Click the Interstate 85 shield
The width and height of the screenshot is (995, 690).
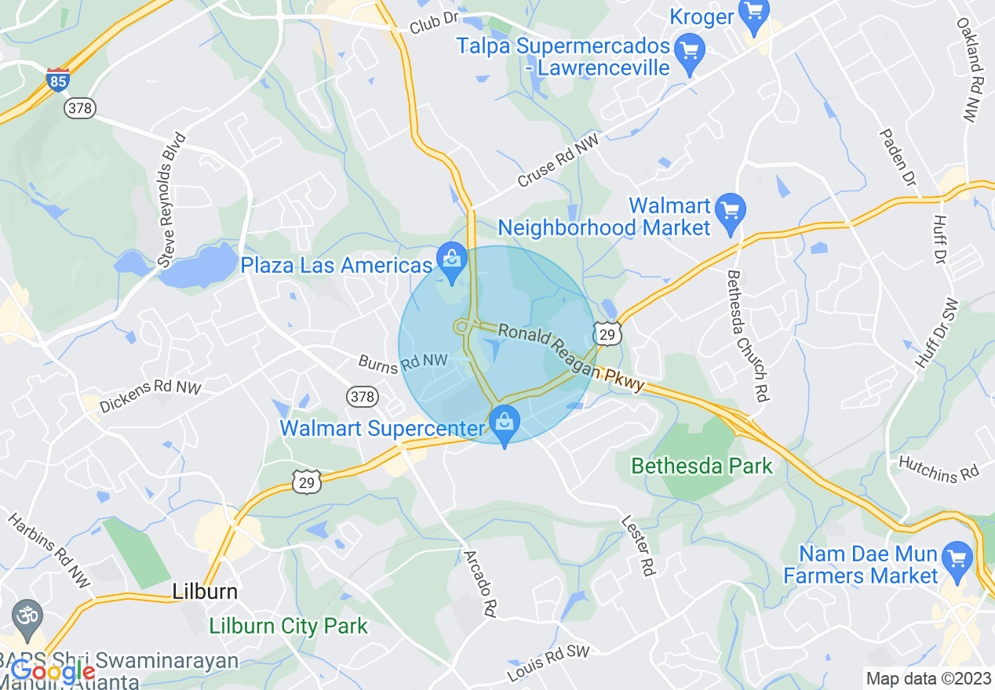57,80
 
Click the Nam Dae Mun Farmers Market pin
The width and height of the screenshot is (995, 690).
957,560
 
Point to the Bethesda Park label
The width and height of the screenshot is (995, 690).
702,466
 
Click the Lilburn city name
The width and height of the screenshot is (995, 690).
205,590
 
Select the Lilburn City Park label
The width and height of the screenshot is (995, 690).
288,626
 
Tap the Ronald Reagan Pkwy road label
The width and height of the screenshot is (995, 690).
571,358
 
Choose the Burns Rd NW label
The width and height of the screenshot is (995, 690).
403,361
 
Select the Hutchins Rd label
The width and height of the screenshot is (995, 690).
939,468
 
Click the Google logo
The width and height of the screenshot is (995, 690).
53,672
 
